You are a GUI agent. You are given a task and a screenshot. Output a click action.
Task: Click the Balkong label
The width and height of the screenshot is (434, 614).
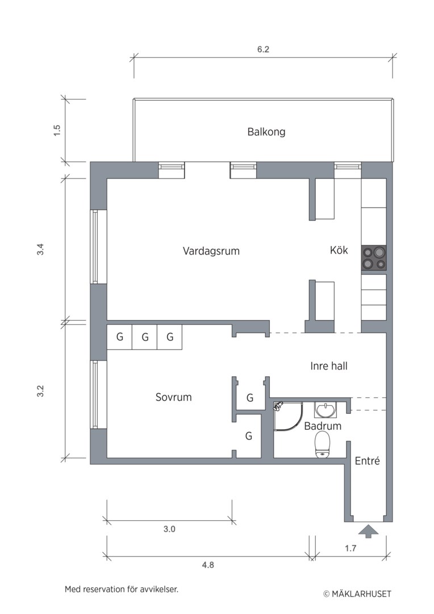(266, 132)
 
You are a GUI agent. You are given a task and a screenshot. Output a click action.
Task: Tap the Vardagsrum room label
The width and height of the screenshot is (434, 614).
(211, 251)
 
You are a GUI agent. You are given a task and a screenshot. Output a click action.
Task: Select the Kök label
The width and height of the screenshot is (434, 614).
(339, 250)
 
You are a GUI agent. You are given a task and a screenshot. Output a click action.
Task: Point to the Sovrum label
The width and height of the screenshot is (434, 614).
(173, 397)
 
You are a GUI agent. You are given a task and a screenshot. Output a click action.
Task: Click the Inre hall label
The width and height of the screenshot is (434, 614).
(329, 366)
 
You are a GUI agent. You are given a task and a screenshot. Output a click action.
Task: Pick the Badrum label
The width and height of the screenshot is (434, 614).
(323, 426)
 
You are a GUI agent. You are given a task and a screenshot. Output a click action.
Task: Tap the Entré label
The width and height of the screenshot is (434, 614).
(367, 461)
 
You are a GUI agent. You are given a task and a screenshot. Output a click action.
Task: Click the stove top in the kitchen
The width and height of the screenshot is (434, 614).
(374, 258)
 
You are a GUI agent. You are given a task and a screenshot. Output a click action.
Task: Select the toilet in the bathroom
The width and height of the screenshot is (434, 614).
(323, 445)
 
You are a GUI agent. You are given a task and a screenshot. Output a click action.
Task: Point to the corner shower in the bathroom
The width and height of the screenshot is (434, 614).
(288, 416)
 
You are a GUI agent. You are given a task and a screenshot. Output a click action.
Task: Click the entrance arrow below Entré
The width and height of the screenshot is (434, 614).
(368, 532)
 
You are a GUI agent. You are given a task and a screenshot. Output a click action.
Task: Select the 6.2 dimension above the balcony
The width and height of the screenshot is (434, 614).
(263, 49)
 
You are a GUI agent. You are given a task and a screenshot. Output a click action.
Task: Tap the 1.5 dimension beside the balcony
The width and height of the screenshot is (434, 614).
(57, 130)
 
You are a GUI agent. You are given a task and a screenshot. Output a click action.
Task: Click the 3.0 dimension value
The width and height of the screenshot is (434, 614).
(169, 529)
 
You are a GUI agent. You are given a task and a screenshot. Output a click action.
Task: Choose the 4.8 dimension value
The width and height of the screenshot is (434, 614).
(208, 565)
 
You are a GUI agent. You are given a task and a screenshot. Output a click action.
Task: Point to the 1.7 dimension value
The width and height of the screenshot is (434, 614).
(350, 548)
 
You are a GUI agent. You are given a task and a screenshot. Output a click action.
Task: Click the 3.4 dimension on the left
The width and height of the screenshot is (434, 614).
(40, 250)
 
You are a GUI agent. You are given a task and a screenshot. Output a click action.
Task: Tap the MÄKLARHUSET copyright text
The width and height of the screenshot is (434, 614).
(357, 594)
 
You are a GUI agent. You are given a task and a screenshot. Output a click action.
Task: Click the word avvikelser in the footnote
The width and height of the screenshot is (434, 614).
(159, 589)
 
